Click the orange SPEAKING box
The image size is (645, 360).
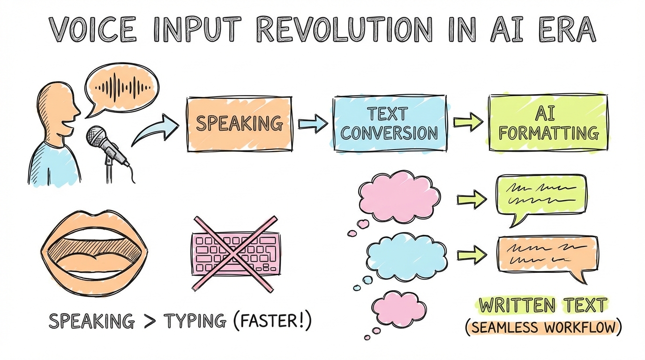click(x=239, y=124)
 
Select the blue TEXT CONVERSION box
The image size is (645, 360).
click(x=390, y=123)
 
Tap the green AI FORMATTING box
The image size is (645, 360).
click(x=548, y=122)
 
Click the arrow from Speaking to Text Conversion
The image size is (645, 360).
click(x=313, y=124)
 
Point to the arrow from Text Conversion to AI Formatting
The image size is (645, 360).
click(x=468, y=122)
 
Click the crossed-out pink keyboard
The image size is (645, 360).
click(x=235, y=254)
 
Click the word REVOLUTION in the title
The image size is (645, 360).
click(x=344, y=30)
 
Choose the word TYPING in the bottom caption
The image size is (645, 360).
click(x=195, y=320)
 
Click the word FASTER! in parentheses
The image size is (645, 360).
click(x=272, y=320)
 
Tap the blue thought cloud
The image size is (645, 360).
click(x=406, y=256)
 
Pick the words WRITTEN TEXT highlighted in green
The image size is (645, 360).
click(x=543, y=305)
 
